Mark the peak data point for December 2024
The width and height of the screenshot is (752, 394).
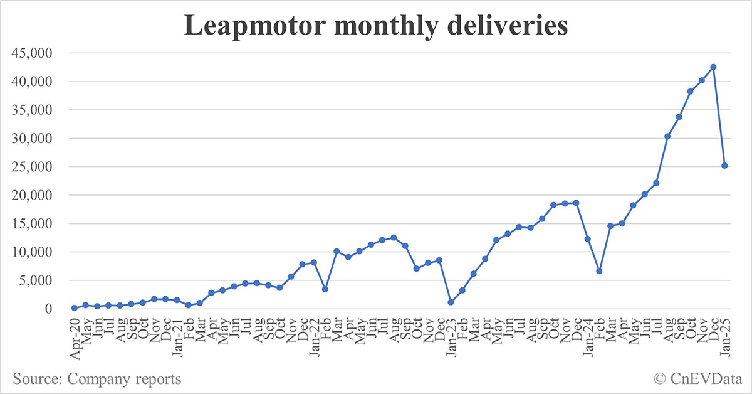pos(713,67)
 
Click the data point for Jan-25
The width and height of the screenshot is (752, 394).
pos(724,166)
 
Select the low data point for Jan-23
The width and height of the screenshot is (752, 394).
pos(451,302)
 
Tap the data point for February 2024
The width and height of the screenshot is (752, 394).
pos(599,271)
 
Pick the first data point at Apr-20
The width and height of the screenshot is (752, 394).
pos(75,308)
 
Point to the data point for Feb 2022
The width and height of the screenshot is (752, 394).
pos(325,289)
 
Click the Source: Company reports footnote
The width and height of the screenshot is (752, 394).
pos(97,379)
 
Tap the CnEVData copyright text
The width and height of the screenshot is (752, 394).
pos(697,379)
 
